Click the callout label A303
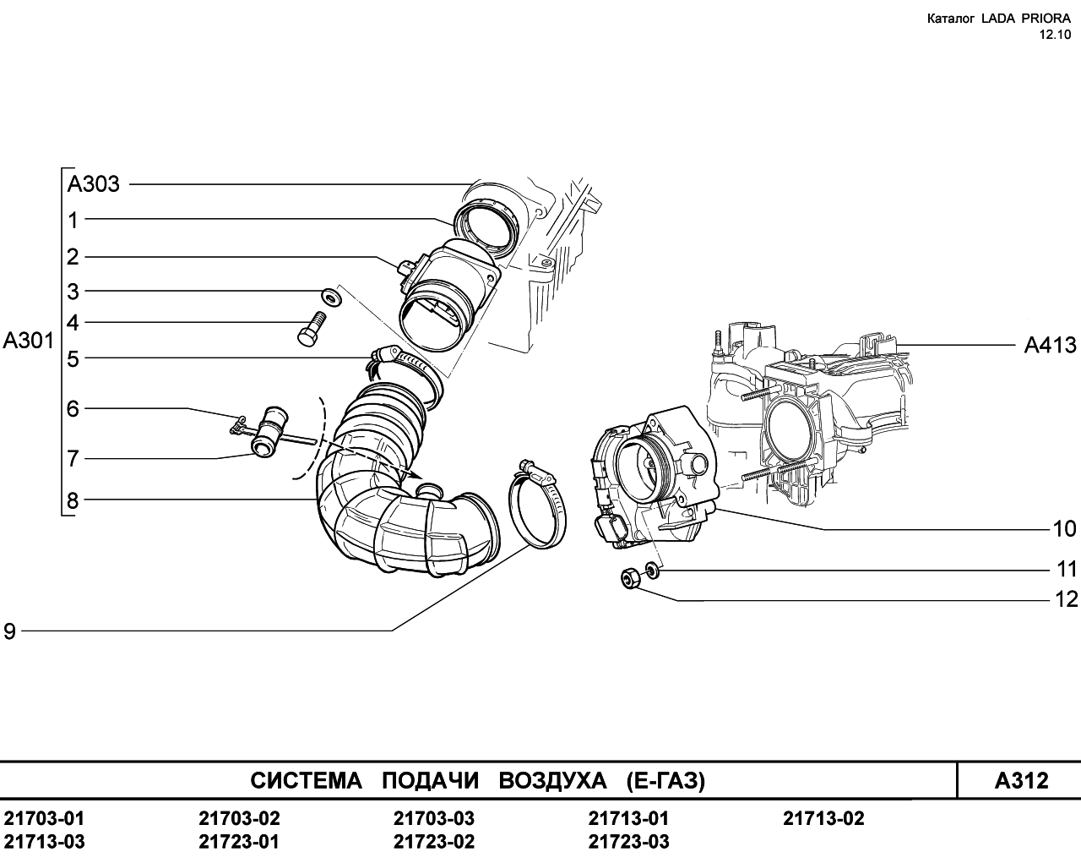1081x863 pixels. tap(94, 184)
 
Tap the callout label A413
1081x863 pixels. tap(1051, 345)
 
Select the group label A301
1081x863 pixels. tap(28, 341)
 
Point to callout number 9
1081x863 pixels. tap(9, 631)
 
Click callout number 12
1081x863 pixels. tap(1066, 599)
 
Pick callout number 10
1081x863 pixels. tap(1064, 528)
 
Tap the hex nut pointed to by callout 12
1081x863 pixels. tap(630, 579)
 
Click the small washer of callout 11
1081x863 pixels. tap(652, 570)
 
